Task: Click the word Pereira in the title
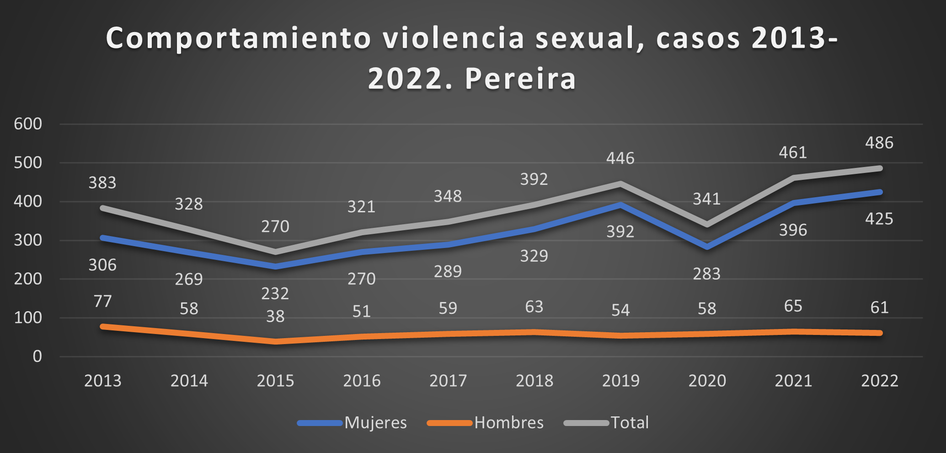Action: (520, 79)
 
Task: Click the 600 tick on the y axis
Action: (28, 124)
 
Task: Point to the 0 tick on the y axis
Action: (37, 356)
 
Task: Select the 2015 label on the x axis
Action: (275, 381)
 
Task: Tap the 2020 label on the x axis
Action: (707, 381)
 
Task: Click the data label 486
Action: (879, 143)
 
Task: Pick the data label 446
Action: (620, 158)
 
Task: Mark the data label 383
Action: (102, 183)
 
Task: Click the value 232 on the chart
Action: (275, 293)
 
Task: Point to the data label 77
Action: (102, 301)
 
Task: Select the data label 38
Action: (275, 316)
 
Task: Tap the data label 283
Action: (706, 274)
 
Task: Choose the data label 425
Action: (879, 219)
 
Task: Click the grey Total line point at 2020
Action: (707, 224)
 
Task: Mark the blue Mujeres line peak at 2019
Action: (620, 205)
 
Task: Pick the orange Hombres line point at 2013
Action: (103, 327)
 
